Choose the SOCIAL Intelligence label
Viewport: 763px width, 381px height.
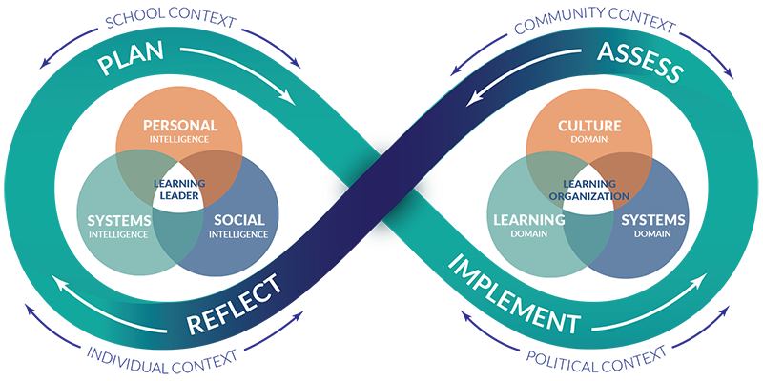234,226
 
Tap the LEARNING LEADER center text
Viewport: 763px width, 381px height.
178,186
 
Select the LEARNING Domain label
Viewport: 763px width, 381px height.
530,226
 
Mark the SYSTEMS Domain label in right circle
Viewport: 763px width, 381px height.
653,226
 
